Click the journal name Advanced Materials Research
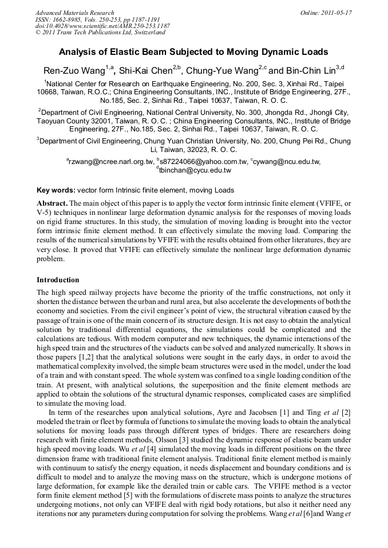point(75,13)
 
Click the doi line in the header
point(102,26)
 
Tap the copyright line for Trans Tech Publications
point(100,33)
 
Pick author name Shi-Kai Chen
point(144,71)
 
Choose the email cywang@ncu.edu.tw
point(288,162)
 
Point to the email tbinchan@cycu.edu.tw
point(195,170)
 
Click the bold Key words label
point(56,190)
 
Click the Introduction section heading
point(58,280)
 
